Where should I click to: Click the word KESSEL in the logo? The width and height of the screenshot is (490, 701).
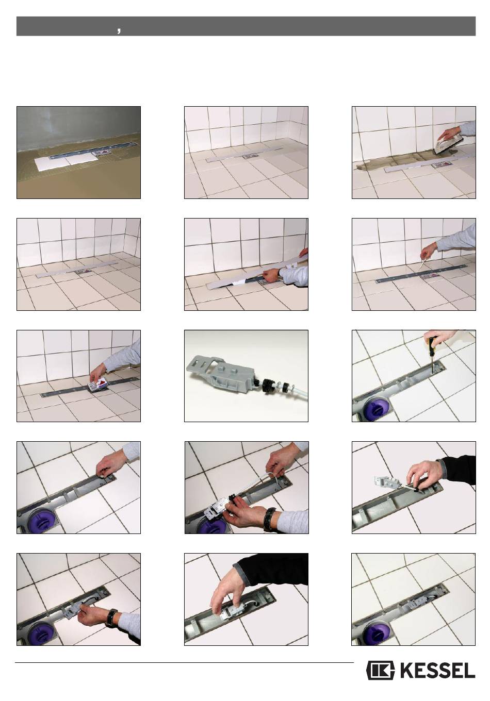tap(437, 670)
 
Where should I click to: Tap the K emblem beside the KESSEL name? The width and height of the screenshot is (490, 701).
tap(380, 670)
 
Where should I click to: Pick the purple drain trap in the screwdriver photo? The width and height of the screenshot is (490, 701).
tap(375, 410)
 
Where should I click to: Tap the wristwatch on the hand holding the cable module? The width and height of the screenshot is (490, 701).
tap(270, 519)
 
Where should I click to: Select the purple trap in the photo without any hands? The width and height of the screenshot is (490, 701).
tap(375, 635)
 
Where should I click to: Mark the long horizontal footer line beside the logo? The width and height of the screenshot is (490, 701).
tap(184, 662)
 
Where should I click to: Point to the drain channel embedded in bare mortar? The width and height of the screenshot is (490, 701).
tap(94, 150)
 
